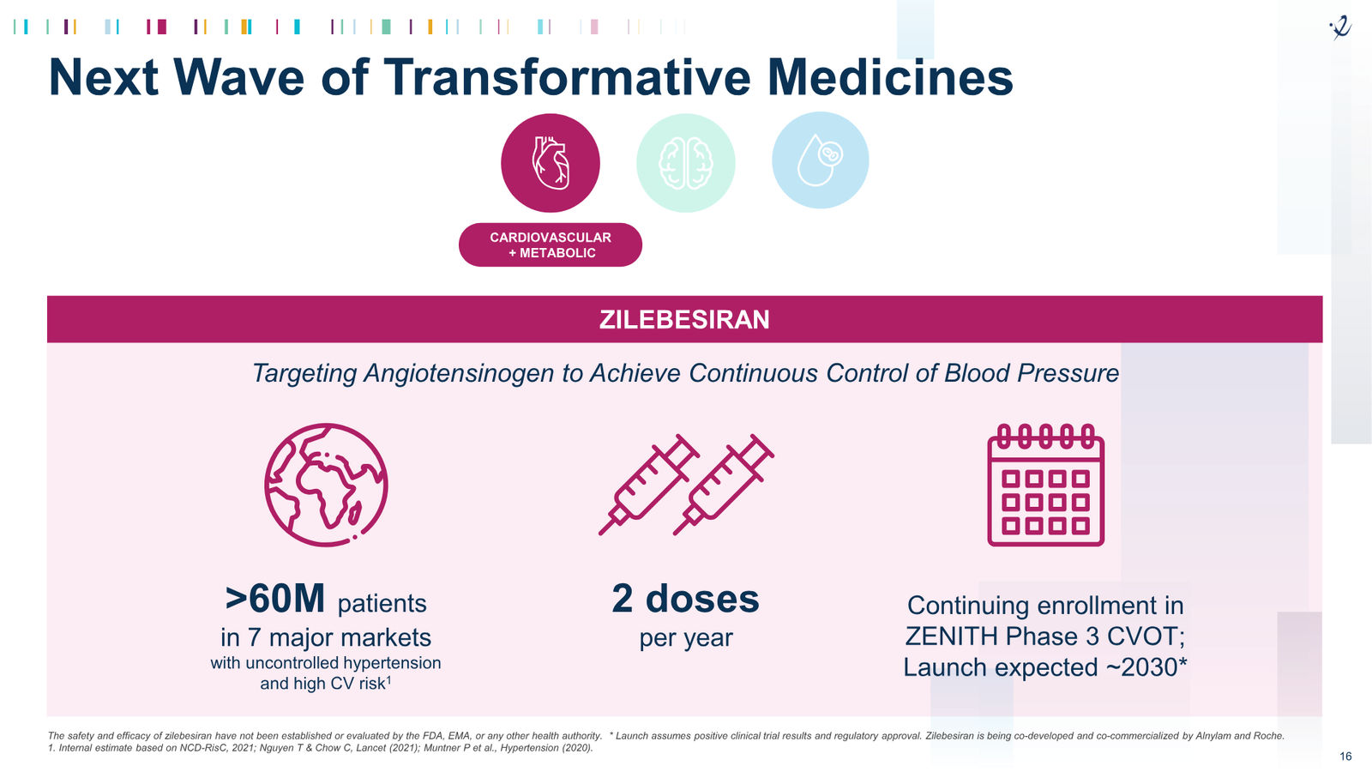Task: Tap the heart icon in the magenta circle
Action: (x=551, y=163)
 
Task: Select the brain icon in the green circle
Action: (x=685, y=163)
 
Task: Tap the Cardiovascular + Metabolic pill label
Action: (x=550, y=245)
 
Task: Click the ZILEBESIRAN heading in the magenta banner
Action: (x=684, y=320)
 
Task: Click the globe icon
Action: (x=326, y=485)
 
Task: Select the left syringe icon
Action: (x=649, y=485)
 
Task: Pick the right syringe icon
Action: (x=724, y=485)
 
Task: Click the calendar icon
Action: (x=1045, y=485)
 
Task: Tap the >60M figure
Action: (x=275, y=599)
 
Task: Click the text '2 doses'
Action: (x=685, y=599)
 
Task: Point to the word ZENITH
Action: (x=952, y=636)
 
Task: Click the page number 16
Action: (x=1345, y=757)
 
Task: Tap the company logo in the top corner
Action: (x=1340, y=27)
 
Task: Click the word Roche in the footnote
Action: (x=1268, y=736)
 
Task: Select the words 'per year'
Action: (x=685, y=638)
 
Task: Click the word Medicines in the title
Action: (x=890, y=78)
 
